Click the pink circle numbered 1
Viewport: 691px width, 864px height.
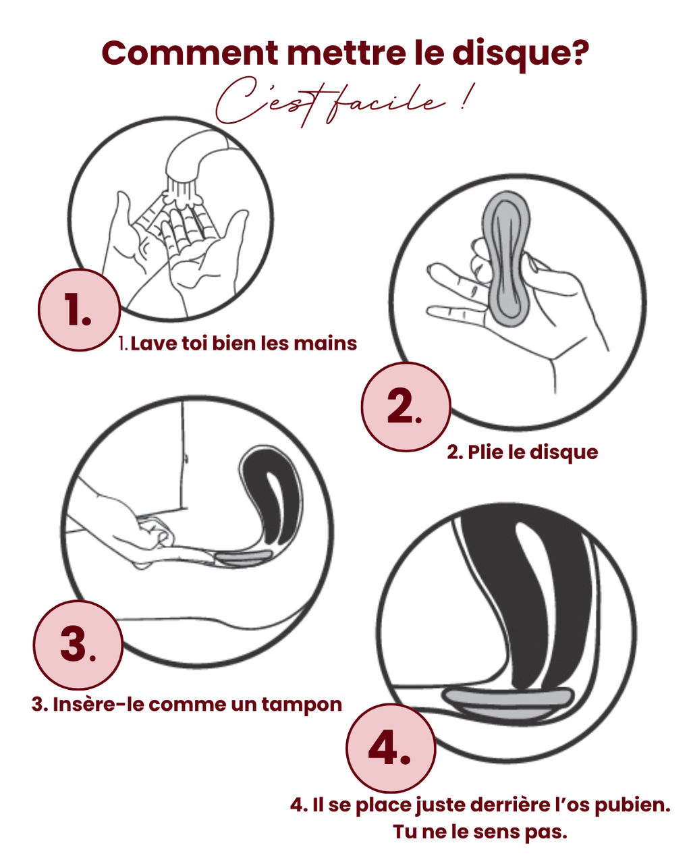click(x=79, y=310)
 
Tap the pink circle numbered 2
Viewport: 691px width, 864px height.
click(x=406, y=406)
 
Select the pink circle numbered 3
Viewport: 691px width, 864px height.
click(x=78, y=643)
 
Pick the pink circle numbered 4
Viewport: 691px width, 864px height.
click(x=391, y=748)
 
